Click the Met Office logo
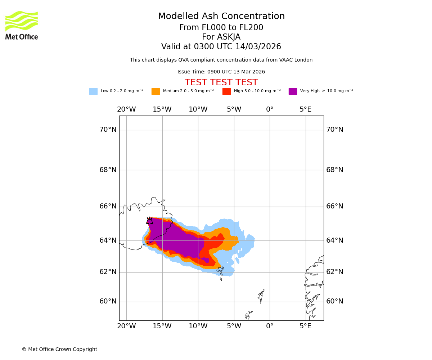(22, 25)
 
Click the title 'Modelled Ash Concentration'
(221, 17)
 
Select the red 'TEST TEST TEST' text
(221, 82)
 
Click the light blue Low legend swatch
(93, 91)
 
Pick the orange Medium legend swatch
(156, 91)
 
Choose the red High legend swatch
(226, 91)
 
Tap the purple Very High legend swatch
(293, 91)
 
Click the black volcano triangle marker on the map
(149, 221)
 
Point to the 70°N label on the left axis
(108, 130)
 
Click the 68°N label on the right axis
(335, 170)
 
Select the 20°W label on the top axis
(126, 109)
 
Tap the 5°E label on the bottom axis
(306, 327)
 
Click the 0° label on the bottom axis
(270, 327)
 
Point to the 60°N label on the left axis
(108, 301)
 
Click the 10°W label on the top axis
(198, 109)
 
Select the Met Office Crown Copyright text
(59, 349)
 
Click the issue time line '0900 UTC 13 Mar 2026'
(221, 72)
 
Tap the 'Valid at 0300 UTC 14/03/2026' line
(221, 47)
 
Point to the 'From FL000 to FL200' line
(221, 28)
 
